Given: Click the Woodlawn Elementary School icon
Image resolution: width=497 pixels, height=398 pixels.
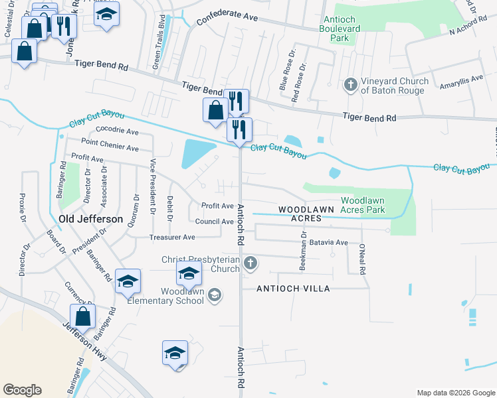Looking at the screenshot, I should click(214, 294).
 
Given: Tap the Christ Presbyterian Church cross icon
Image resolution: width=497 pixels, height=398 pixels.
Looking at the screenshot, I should click(250, 263).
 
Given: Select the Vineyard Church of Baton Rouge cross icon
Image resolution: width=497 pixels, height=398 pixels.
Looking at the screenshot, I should click(351, 84).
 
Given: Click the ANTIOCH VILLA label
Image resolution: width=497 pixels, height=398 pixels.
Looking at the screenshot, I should click(294, 288).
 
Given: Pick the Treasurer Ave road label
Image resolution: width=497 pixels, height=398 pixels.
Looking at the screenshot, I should click(172, 237).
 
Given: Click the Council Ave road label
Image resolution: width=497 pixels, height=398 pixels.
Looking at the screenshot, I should click(214, 222).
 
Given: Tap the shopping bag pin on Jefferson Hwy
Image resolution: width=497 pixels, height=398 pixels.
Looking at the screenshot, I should click(83, 316).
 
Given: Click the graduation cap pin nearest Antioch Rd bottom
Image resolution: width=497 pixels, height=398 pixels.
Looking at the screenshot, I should click(175, 352).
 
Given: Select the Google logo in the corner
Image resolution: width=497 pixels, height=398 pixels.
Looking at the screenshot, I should click(22, 390).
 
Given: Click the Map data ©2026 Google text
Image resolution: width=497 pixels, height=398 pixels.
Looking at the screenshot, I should click(455, 393).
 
